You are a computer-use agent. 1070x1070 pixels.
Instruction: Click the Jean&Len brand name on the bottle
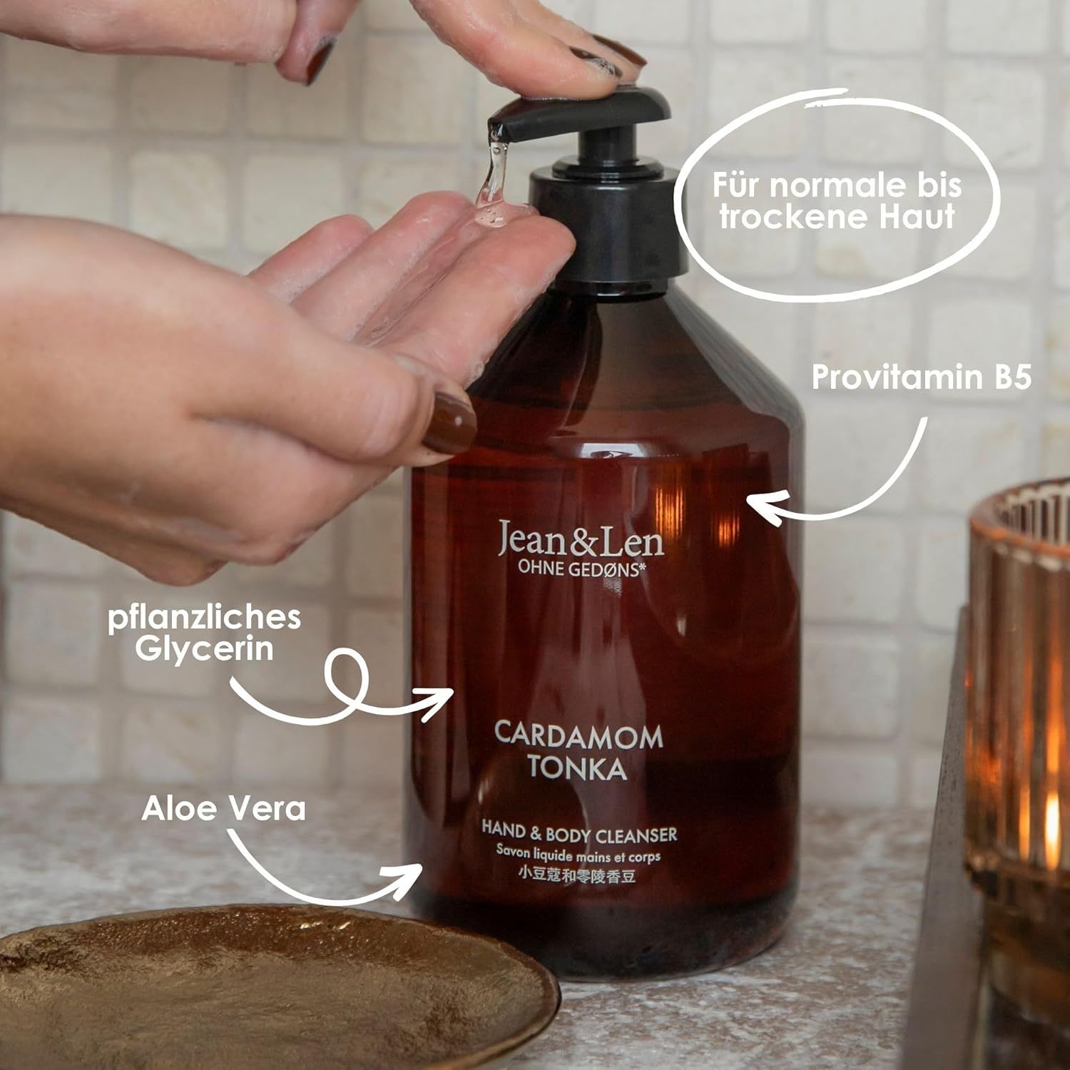[x=581, y=539]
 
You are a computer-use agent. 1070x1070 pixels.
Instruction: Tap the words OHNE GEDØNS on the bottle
[x=581, y=568]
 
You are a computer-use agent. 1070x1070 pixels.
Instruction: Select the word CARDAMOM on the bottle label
[x=579, y=736]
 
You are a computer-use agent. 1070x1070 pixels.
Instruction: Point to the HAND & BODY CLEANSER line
[x=579, y=833]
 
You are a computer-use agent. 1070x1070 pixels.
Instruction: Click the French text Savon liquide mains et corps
[x=579, y=857]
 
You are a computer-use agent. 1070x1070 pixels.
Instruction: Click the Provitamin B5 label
[x=921, y=378]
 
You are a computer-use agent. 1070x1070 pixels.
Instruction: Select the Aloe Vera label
[x=223, y=809]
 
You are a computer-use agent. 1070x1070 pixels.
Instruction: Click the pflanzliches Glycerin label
[x=204, y=633]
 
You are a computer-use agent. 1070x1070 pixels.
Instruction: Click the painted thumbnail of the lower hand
[x=452, y=424]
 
